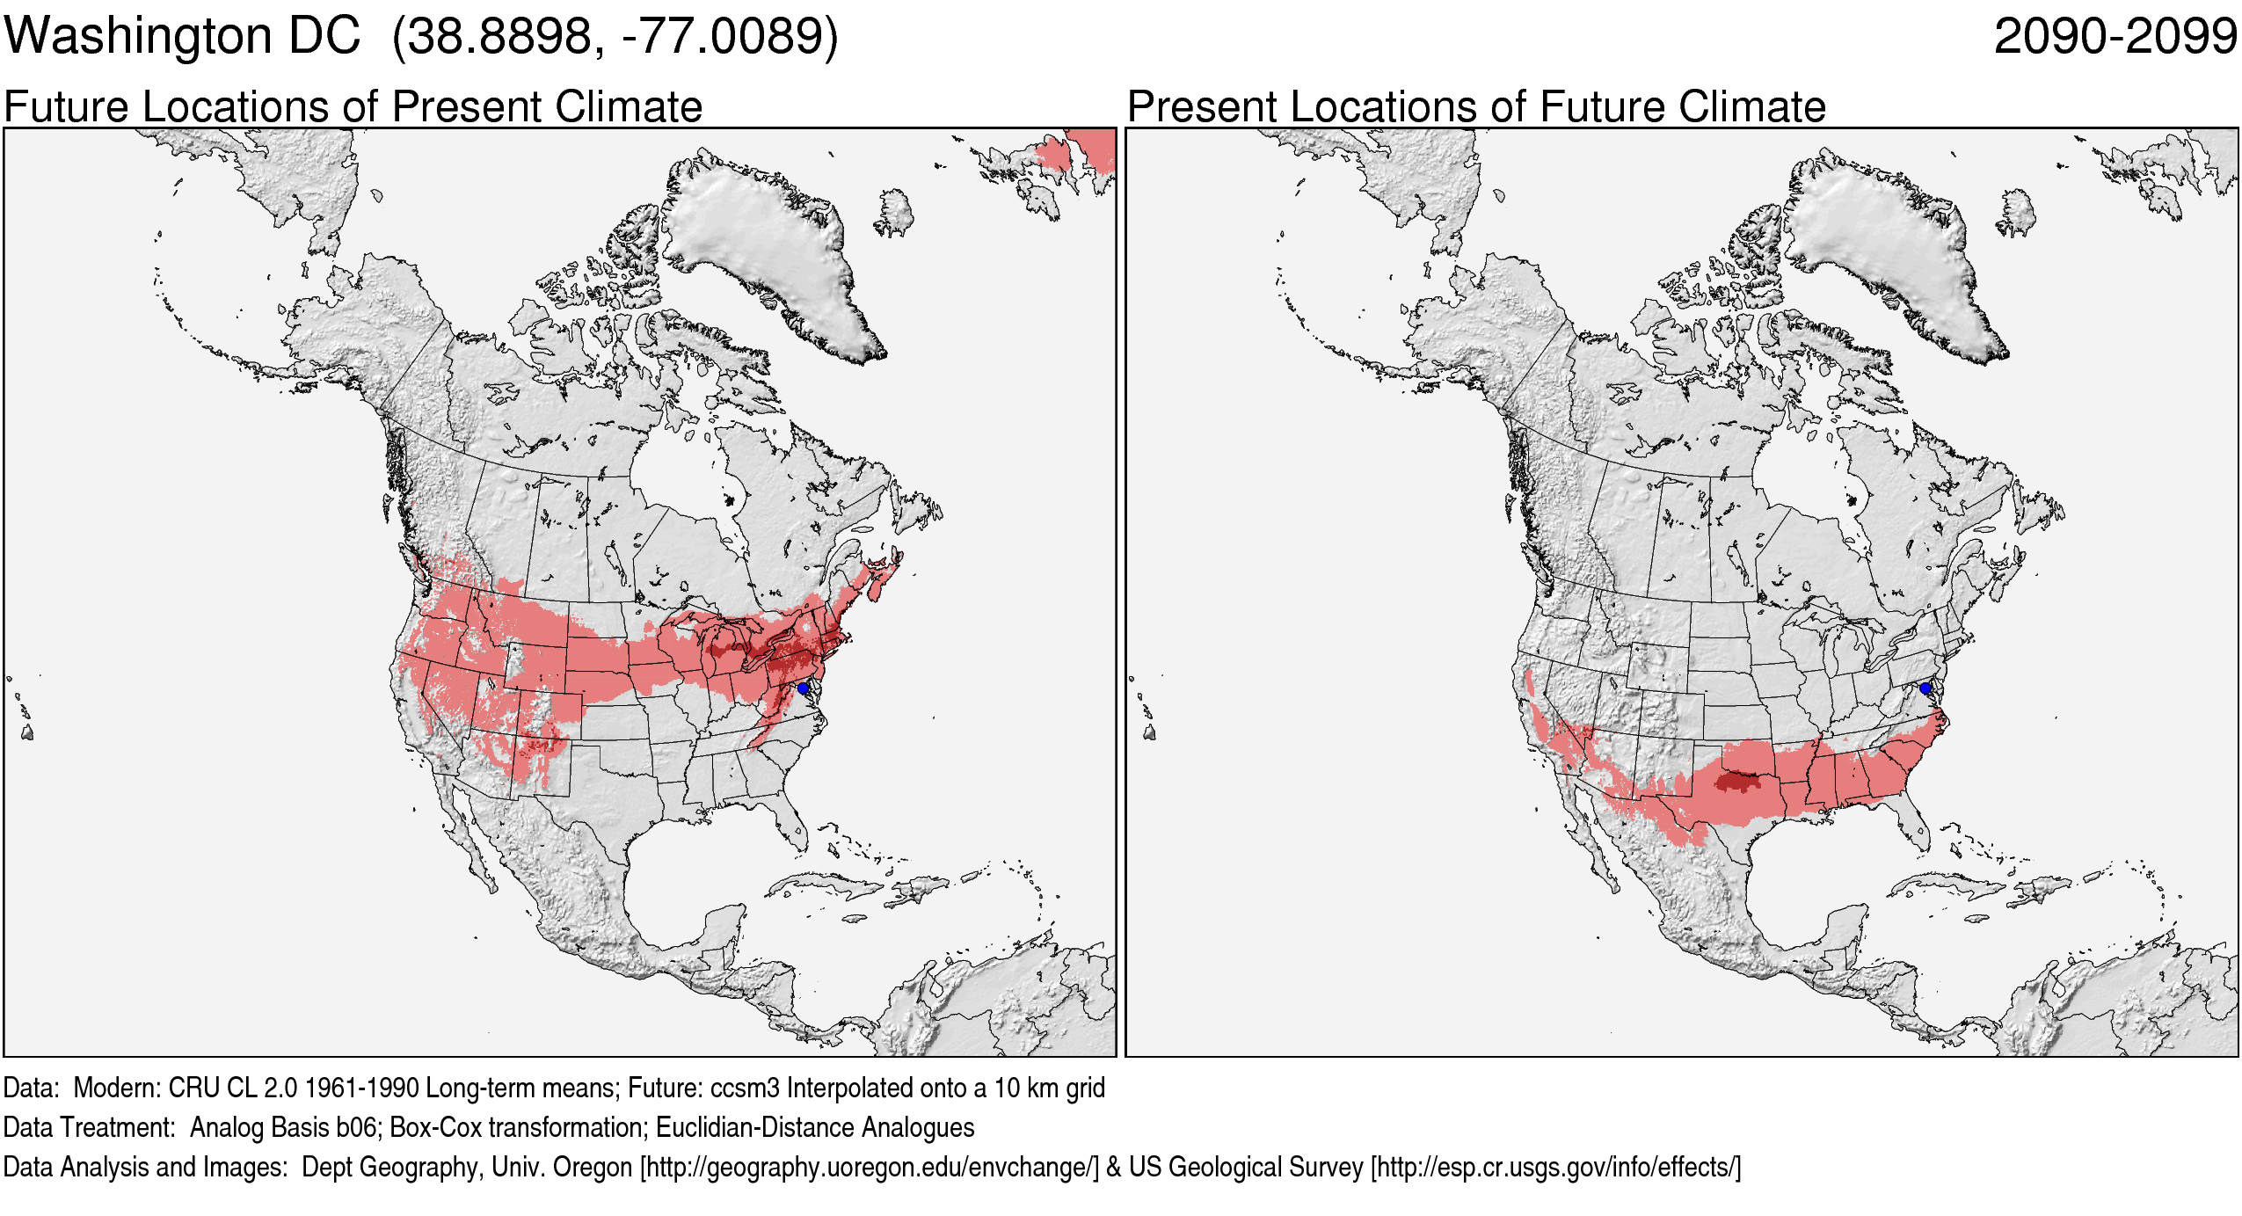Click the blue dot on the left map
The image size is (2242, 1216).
pos(803,688)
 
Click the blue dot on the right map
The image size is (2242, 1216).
pos(1925,688)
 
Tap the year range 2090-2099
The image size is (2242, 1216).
pos(2115,37)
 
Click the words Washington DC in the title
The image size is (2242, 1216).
pos(182,37)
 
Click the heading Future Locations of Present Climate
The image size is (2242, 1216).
pos(353,107)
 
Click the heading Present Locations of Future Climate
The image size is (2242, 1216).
pos(1476,107)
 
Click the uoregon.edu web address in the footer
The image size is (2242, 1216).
pos(870,1167)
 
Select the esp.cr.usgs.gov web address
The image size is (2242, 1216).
pos(1555,1167)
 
